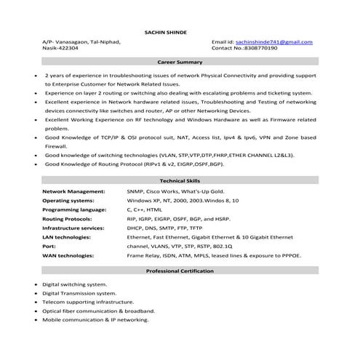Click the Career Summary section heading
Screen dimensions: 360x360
coord(180,63)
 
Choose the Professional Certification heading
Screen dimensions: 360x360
coord(180,271)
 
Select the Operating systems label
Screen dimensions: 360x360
coord(71,199)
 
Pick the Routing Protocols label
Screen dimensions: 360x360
coord(71,218)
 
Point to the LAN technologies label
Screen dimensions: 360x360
coord(71,236)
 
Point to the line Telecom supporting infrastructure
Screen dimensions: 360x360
coord(88,301)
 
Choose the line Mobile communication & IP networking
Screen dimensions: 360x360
coord(95,319)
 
